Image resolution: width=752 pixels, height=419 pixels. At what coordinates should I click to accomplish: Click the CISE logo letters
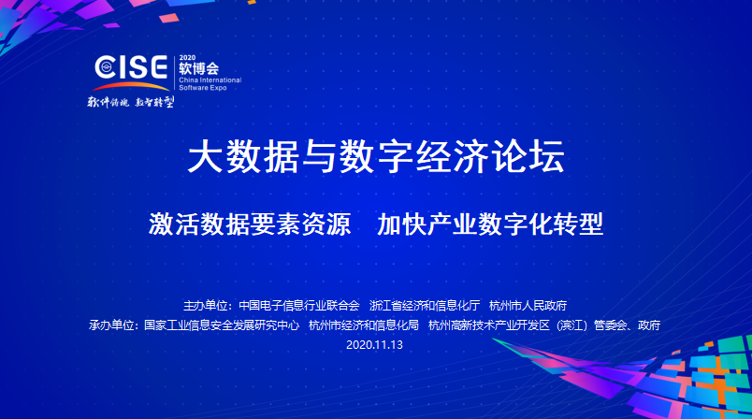point(131,66)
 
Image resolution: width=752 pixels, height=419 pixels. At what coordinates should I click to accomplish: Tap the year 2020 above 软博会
point(187,58)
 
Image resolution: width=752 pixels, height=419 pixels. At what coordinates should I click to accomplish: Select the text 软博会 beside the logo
point(198,68)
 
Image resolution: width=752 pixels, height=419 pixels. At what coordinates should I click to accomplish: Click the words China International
point(210,80)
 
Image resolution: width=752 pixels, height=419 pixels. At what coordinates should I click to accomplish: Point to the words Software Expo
point(203,88)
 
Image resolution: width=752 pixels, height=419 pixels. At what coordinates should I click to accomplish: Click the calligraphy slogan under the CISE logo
point(130,102)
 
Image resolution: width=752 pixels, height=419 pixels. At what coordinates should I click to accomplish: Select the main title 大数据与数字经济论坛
point(376,156)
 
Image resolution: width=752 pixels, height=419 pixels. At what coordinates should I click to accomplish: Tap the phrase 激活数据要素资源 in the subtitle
point(250,224)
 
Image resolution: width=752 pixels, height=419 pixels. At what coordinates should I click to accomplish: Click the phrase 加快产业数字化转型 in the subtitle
point(490,224)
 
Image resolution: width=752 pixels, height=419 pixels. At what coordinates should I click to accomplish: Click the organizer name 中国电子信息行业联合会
point(299,306)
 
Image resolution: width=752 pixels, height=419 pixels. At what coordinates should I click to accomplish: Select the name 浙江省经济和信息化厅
point(425,306)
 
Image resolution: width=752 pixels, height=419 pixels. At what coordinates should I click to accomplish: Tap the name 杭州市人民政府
point(528,306)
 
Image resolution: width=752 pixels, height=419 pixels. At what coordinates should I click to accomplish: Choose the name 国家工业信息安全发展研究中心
point(222,325)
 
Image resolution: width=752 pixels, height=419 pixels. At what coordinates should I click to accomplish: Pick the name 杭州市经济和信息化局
point(364,325)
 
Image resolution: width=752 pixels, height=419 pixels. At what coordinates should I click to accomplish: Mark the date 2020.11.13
point(374,345)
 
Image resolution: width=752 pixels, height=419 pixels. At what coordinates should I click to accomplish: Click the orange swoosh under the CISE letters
point(131,85)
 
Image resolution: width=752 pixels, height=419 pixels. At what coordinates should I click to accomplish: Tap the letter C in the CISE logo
point(105,67)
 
